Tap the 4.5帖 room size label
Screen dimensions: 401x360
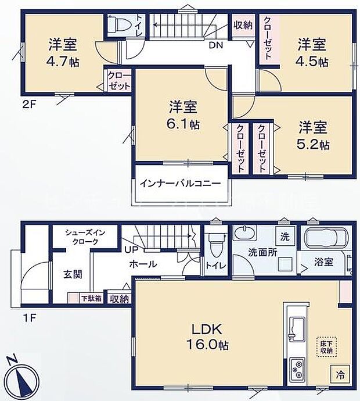314,60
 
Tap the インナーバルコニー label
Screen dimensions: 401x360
179,183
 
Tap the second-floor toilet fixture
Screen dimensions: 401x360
120,25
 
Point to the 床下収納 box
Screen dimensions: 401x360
325,346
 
